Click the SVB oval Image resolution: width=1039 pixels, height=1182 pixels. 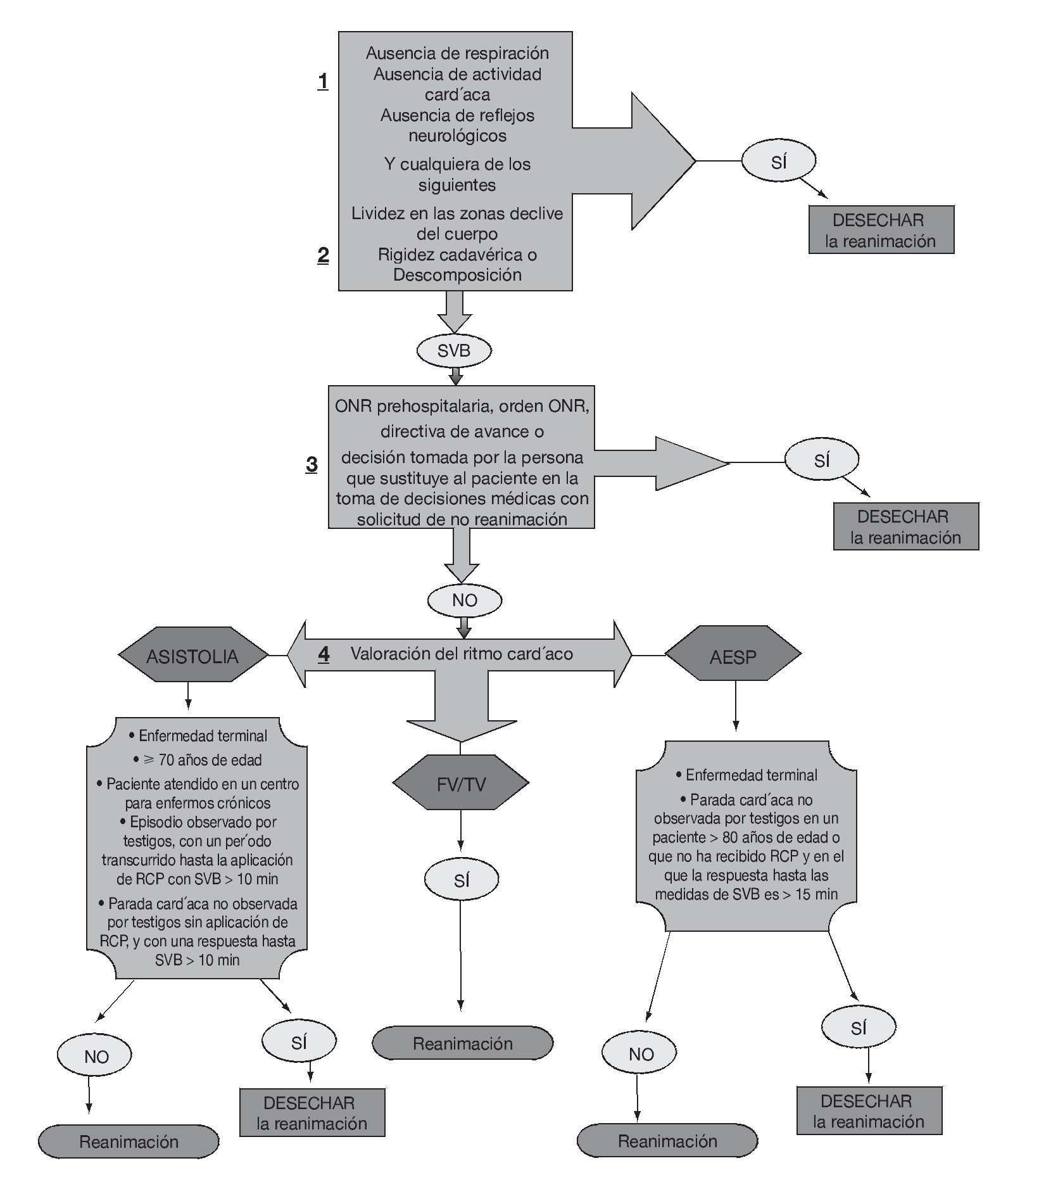click(454, 350)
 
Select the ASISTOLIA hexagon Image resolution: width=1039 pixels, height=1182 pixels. click(192, 654)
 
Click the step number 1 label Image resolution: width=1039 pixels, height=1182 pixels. click(323, 81)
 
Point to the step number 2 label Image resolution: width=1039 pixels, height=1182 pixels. click(323, 255)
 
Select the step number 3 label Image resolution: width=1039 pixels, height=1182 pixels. click(312, 464)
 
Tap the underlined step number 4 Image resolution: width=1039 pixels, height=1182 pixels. click(324, 654)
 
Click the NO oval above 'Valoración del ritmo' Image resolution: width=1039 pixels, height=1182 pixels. click(465, 600)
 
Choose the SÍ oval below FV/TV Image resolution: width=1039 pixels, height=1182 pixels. click(462, 880)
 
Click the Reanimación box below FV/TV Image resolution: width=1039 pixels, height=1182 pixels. click(462, 1043)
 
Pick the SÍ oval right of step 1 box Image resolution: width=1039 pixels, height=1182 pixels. click(779, 162)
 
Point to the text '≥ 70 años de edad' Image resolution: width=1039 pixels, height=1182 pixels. click(197, 759)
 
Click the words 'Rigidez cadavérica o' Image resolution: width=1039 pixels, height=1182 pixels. click(457, 255)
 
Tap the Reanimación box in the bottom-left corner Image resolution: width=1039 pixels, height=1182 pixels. click(129, 1141)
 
